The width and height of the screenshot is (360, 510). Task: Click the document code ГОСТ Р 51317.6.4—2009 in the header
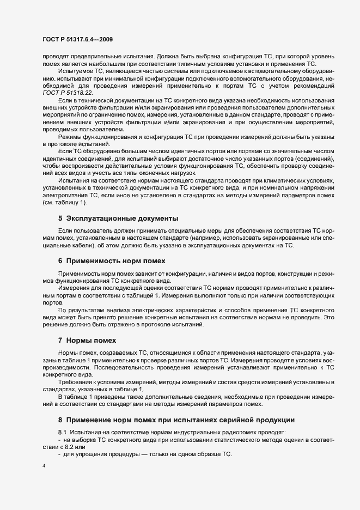click(77, 39)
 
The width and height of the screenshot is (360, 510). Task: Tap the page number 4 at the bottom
click(44, 466)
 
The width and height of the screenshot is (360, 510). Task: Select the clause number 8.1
click(62, 432)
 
